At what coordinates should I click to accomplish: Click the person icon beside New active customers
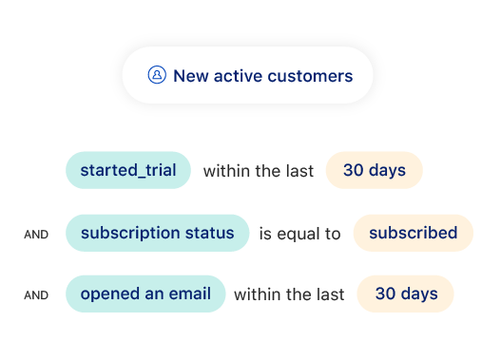(x=157, y=76)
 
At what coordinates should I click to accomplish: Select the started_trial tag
(x=127, y=171)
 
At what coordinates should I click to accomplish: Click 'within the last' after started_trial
(x=259, y=171)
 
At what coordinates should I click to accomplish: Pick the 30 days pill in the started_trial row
(x=374, y=171)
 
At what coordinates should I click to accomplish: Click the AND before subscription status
(x=36, y=234)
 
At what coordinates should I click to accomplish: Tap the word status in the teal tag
(x=210, y=233)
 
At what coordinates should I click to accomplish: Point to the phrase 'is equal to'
(x=299, y=234)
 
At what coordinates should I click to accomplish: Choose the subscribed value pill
(x=413, y=233)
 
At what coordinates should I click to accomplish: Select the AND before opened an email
(x=36, y=295)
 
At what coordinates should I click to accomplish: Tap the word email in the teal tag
(x=188, y=294)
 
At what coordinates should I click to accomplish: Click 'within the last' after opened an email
(x=289, y=294)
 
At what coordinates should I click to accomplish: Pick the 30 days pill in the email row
(x=406, y=294)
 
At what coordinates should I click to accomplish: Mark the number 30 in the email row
(x=385, y=294)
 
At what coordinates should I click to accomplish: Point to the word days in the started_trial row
(x=387, y=171)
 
